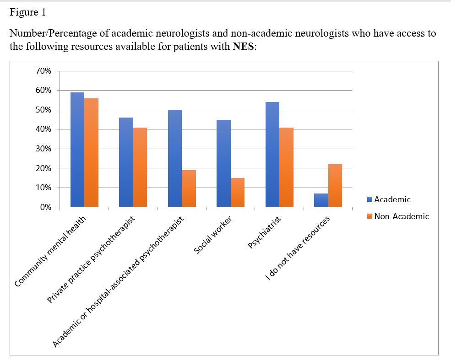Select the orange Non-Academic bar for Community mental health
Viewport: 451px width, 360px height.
point(92,153)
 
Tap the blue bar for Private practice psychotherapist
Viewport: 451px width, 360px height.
point(126,162)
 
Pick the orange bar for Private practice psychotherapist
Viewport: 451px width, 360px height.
point(140,167)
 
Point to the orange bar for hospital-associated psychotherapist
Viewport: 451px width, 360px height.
point(189,188)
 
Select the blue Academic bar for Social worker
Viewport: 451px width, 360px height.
point(223,163)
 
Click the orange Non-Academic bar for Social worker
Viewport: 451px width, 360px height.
point(238,193)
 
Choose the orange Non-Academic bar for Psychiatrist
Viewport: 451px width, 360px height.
point(287,167)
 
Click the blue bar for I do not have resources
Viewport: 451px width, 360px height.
point(321,200)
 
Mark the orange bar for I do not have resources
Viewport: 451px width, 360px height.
point(335,186)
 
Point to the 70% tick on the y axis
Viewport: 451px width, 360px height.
point(44,71)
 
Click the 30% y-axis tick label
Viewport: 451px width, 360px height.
point(44,149)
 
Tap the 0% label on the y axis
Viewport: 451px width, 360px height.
point(46,207)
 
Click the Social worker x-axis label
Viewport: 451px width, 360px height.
point(213,236)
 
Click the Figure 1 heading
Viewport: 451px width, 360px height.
point(27,12)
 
